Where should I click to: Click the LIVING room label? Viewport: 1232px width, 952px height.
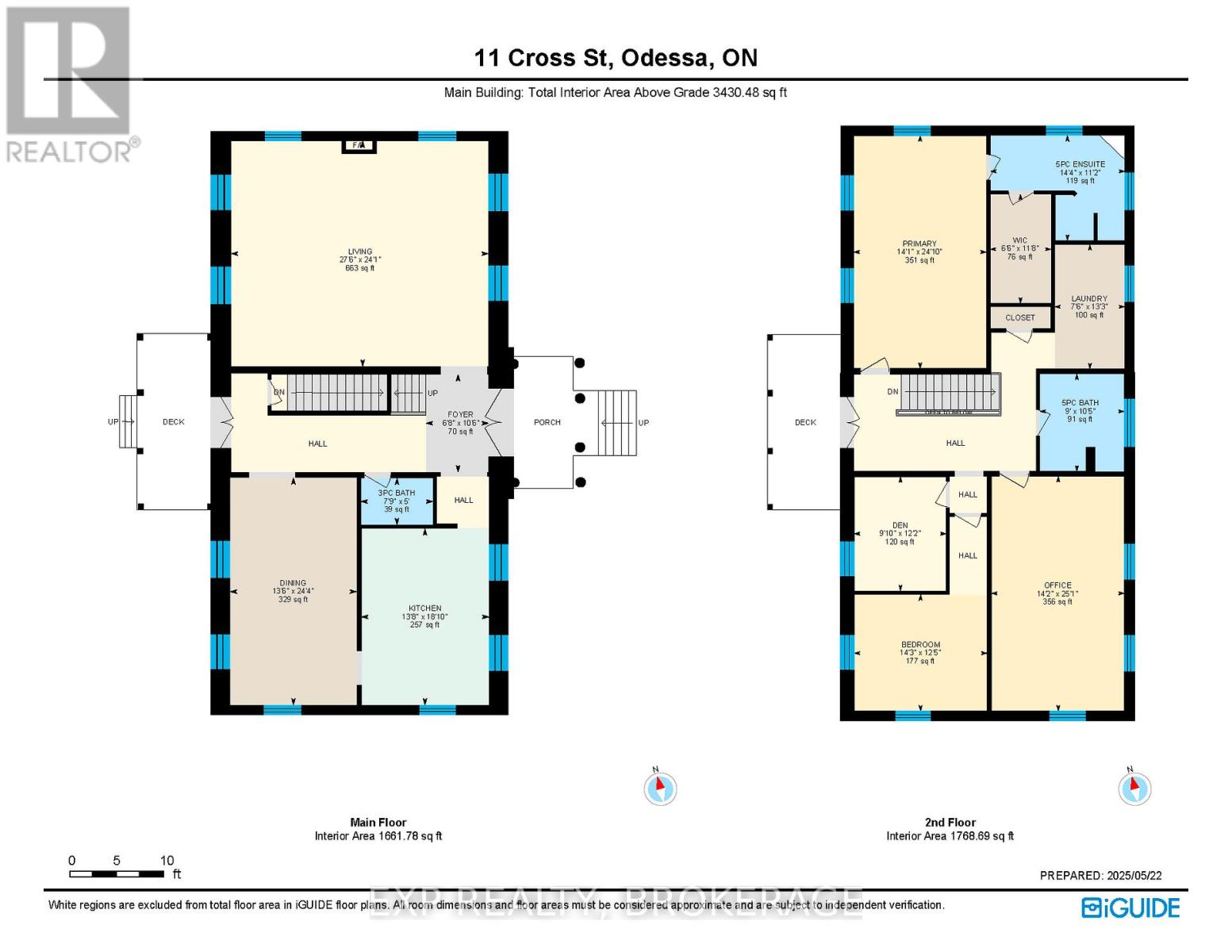[359, 251]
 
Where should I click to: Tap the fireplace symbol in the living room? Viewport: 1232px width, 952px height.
[359, 145]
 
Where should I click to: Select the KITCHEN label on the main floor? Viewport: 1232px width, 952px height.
[425, 608]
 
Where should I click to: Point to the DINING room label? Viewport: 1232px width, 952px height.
[293, 583]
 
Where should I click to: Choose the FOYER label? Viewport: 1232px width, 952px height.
[460, 414]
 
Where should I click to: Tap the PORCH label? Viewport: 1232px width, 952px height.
[547, 422]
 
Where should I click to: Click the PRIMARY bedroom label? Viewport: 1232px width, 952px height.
[919, 244]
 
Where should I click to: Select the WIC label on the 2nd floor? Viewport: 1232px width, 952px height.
[1020, 240]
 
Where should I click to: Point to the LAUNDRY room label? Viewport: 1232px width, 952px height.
[1089, 299]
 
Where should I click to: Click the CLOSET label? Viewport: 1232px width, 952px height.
[1020, 317]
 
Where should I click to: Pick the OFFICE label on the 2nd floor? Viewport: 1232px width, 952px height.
[1057, 585]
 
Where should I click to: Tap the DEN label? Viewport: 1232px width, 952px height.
[900, 525]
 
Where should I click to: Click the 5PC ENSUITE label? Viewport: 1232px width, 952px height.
[1080, 164]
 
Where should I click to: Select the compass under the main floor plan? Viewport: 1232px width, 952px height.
[660, 789]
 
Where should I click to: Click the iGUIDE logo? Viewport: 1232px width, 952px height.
[1130, 908]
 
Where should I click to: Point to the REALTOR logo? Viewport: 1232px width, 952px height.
[70, 83]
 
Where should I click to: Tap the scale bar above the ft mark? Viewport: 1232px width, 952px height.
[117, 873]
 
